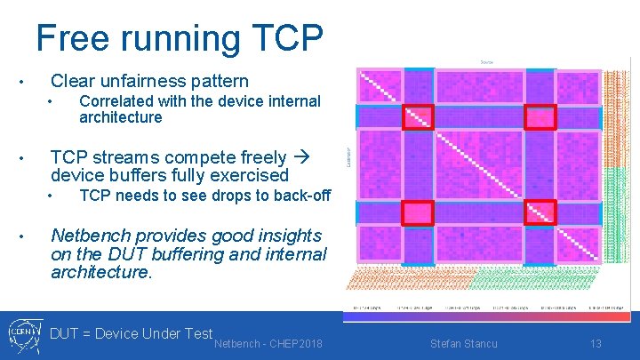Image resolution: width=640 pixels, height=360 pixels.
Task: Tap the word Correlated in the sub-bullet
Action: point(118,101)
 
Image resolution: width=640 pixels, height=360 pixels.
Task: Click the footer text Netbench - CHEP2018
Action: point(268,342)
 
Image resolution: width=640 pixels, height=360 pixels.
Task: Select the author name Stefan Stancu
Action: point(463,342)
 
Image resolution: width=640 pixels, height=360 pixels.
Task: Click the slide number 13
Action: point(596,342)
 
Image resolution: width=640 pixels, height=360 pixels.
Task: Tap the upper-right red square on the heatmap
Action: point(540,116)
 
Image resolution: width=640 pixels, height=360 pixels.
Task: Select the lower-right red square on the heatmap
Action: point(540,212)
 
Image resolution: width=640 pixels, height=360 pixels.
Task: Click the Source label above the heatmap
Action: point(486,62)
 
